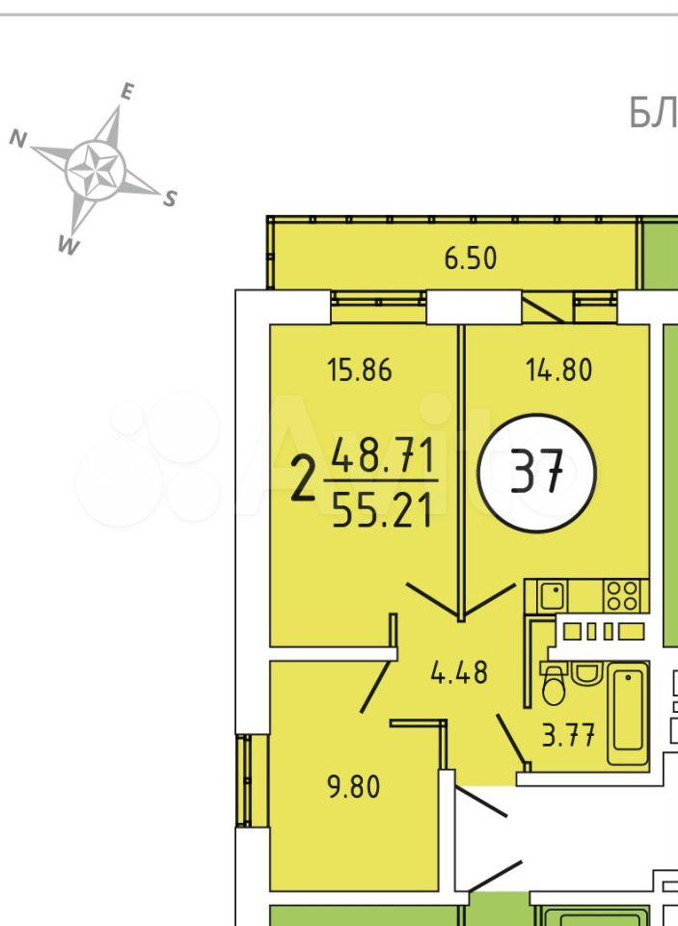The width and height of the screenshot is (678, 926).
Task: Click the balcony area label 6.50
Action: point(470,259)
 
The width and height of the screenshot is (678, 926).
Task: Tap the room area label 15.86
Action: point(360,370)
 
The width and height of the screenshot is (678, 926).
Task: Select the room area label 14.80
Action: point(558,370)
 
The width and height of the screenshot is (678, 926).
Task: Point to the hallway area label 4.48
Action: point(459,672)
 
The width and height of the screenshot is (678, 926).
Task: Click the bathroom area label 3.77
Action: point(568,736)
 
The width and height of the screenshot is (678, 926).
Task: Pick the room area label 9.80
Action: point(354,787)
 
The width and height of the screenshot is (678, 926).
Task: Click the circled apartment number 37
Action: point(537,473)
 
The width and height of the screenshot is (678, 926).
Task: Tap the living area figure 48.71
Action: point(383,454)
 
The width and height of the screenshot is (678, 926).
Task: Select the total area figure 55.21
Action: point(382,511)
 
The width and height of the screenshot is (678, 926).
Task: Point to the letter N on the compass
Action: point(18,139)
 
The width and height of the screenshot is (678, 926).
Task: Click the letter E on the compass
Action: point(127,92)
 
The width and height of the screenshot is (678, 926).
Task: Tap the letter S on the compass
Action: point(170,199)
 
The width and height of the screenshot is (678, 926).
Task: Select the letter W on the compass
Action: point(68,245)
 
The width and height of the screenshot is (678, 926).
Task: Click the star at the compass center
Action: point(95,170)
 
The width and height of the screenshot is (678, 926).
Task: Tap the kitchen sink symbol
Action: point(554,595)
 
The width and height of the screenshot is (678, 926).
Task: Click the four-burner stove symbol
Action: point(622,595)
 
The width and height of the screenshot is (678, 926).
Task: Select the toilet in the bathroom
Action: point(554,685)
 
